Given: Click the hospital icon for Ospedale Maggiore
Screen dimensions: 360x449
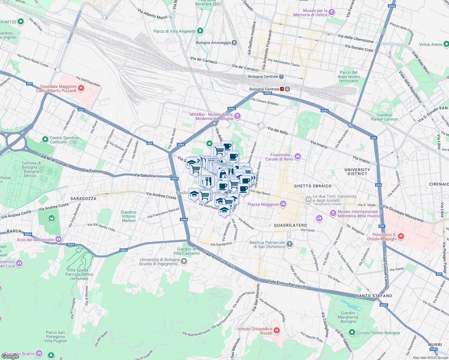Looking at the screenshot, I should pyautogui.click(x=81, y=88).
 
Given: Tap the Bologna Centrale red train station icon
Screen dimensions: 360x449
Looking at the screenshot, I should pyautogui.click(x=282, y=89).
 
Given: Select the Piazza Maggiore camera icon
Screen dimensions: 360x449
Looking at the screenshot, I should pyautogui.click(x=283, y=204).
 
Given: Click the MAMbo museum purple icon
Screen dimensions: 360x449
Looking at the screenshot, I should pyautogui.click(x=237, y=116).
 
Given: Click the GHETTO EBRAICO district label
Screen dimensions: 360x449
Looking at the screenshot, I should pyautogui.click(x=313, y=186).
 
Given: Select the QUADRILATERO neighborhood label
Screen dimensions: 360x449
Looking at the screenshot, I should pyautogui.click(x=290, y=225).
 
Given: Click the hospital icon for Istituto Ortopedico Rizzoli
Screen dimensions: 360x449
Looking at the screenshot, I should pyautogui.click(x=277, y=331).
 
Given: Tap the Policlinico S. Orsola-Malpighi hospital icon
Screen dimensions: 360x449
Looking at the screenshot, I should pyautogui.click(x=401, y=237).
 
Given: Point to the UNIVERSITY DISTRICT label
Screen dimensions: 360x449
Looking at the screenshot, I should pyautogui.click(x=357, y=172).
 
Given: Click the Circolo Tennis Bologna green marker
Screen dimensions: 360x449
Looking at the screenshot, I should pyautogui.click(x=352, y=332).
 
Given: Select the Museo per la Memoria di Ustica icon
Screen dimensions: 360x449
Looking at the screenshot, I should pyautogui.click(x=332, y=12).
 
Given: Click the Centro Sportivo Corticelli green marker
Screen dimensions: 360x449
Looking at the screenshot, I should pyautogui.click(x=45, y=139).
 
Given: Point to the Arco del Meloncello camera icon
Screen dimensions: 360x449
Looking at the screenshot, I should pyautogui.click(x=59, y=239).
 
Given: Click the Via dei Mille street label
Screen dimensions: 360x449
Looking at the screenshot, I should pyautogui.click(x=278, y=130).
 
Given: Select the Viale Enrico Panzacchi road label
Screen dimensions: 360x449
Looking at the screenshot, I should pyautogui.click(x=287, y=283).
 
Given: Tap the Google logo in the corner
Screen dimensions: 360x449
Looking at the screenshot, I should pyautogui.click(x=10, y=356).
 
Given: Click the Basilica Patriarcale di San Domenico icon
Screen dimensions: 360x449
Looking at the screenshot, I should pyautogui.click(x=289, y=244).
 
